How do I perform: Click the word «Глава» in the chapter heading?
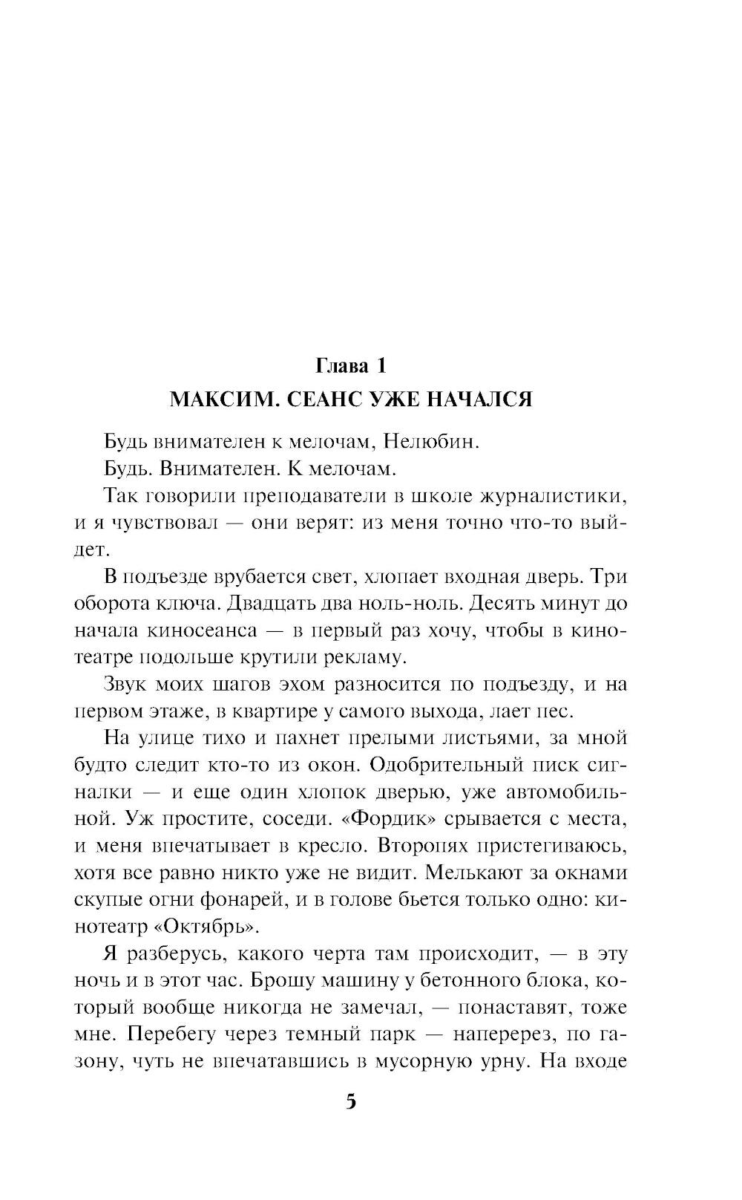[342, 366]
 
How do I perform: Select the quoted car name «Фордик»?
[387, 819]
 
